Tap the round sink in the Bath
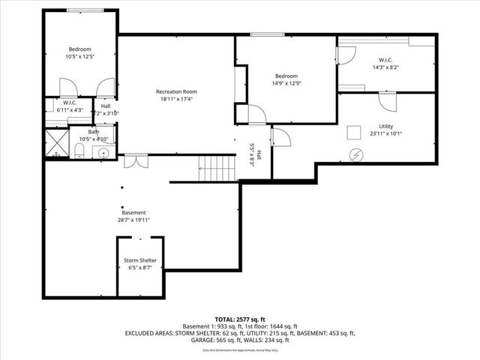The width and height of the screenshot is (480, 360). pos(103,152)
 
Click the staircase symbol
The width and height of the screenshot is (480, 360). pos(217,169)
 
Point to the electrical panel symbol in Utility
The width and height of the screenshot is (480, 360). pos(356,155)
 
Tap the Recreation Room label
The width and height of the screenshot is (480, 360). pos(175,91)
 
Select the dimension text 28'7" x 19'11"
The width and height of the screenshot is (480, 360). pos(133,220)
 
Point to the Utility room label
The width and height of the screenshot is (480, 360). pos(385,126)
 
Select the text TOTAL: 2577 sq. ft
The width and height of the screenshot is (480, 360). pos(240,319)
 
